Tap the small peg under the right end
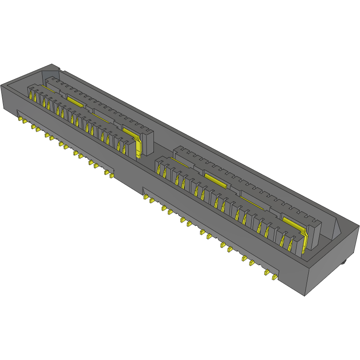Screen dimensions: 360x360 point(343,262)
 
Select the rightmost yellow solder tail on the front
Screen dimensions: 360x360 point(274,277)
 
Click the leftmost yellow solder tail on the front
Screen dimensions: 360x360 point(21,119)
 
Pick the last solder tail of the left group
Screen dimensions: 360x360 point(111,176)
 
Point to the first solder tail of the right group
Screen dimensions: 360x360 point(145,197)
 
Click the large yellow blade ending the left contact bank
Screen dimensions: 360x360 point(138,146)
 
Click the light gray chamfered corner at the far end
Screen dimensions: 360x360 point(50,69)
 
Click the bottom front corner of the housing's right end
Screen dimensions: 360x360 point(304,296)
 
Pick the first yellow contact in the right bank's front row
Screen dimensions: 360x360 point(159,170)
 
